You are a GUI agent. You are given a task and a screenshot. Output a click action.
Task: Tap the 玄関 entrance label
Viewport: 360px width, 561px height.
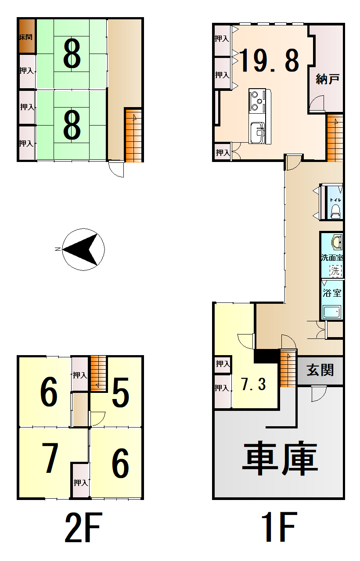tap(320, 370)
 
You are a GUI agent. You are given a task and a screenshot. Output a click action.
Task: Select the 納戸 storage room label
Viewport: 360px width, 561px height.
tap(327, 79)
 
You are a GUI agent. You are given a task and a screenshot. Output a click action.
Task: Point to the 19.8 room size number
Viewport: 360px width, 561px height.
tap(270, 61)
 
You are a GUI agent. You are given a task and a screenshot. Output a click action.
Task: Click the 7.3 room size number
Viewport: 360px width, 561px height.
tap(254, 385)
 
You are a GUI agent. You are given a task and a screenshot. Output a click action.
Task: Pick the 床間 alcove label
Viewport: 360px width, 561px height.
tap(25, 37)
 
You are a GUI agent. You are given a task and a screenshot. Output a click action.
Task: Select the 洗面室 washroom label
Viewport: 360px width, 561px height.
tap(332, 258)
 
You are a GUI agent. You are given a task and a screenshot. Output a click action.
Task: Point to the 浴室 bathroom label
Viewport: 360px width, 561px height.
tap(332, 293)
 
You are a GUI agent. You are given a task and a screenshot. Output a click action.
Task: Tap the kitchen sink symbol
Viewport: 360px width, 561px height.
tap(257, 131)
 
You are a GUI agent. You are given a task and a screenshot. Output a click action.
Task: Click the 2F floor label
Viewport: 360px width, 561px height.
tap(83, 527)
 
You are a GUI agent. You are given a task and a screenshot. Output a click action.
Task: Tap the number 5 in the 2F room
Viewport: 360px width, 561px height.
tap(120, 393)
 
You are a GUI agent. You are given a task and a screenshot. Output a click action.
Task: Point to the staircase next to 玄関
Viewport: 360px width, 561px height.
tap(287, 369)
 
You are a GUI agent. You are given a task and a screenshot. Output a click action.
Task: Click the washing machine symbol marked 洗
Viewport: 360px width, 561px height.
tap(335, 270)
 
